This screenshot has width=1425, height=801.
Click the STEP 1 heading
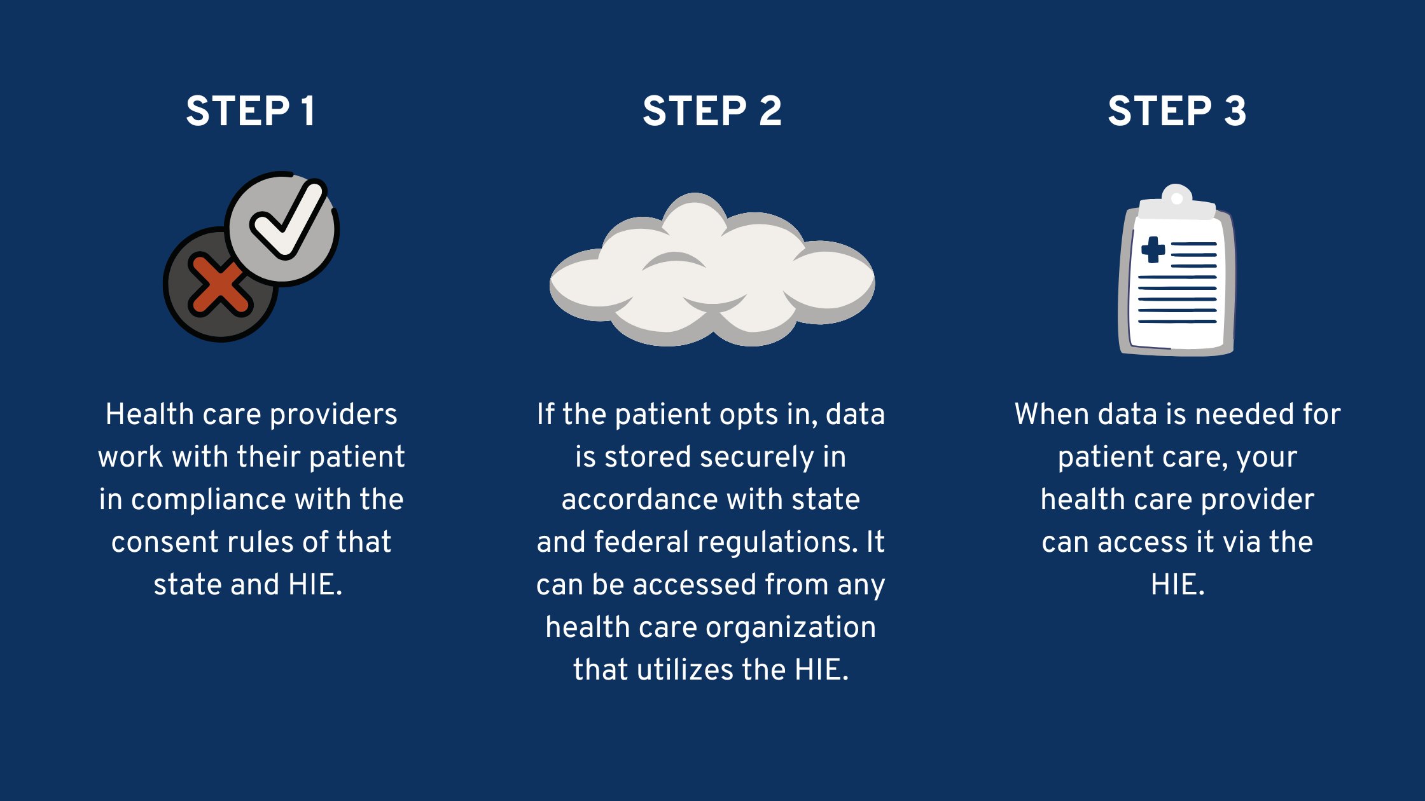tap(251, 111)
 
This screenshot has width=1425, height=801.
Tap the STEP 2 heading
tap(712, 111)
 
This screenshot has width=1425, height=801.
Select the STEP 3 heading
tap(1177, 111)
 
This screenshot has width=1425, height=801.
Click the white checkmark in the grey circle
tap(288, 219)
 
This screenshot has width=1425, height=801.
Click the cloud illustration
tap(712, 270)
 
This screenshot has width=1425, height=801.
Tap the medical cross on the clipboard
tap(1153, 250)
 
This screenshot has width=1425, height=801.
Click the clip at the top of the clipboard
tap(1177, 202)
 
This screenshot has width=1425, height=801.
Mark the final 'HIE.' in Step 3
tap(1178, 585)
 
